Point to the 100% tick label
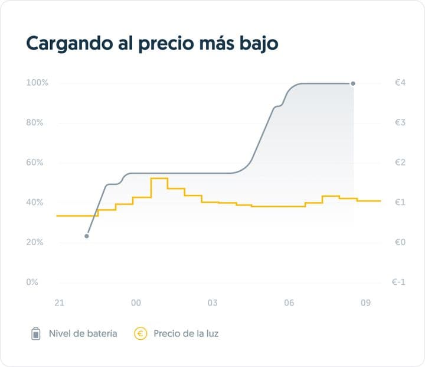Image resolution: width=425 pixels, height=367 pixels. click(37, 83)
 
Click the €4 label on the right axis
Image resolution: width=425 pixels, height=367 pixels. click(400, 83)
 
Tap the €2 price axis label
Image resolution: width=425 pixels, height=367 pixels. click(400, 163)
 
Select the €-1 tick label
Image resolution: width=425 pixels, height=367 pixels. click(398, 282)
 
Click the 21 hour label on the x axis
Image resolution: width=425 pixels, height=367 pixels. click(59, 303)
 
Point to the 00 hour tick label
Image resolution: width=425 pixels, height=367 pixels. click(136, 303)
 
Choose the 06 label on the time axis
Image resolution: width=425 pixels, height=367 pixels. click(289, 303)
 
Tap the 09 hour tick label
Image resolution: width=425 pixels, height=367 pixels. click(365, 303)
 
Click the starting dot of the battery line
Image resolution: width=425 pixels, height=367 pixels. click(87, 236)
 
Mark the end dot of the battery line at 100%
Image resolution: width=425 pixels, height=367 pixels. click(353, 83)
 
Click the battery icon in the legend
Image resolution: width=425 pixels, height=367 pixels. click(36, 334)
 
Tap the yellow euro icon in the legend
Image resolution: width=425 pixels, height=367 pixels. click(141, 334)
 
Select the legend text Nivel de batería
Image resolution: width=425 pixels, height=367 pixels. click(82, 334)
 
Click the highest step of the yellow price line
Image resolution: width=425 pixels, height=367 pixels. click(159, 178)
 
